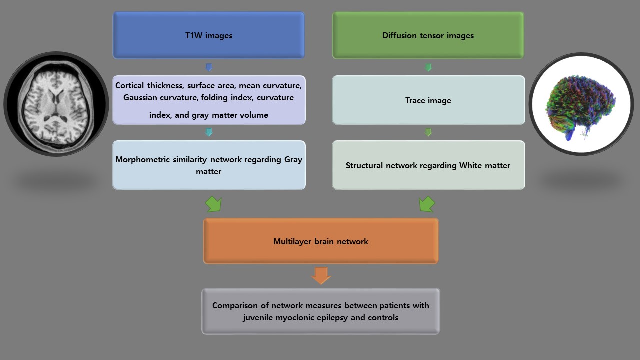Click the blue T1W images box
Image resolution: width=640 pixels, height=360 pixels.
209,35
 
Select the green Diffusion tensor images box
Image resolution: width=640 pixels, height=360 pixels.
428,35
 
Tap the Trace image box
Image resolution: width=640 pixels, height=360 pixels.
428,100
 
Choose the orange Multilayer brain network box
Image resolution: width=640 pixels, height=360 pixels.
321,241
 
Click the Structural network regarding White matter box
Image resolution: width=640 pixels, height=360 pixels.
428,165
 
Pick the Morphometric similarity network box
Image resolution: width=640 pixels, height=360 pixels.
209,165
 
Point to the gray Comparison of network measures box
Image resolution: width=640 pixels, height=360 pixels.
321,311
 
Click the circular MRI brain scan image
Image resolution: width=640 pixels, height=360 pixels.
56,104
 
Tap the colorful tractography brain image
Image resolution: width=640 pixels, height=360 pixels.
581,104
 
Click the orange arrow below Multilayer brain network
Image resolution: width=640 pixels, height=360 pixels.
321,275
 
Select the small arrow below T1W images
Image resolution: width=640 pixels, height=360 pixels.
209,67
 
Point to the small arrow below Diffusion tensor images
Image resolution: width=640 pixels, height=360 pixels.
428,67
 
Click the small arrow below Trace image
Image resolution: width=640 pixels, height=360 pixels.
428,132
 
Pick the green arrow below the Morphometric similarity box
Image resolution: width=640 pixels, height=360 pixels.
213,204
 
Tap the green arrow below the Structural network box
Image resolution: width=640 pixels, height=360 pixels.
426,204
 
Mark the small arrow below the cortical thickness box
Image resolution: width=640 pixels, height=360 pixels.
209,132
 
